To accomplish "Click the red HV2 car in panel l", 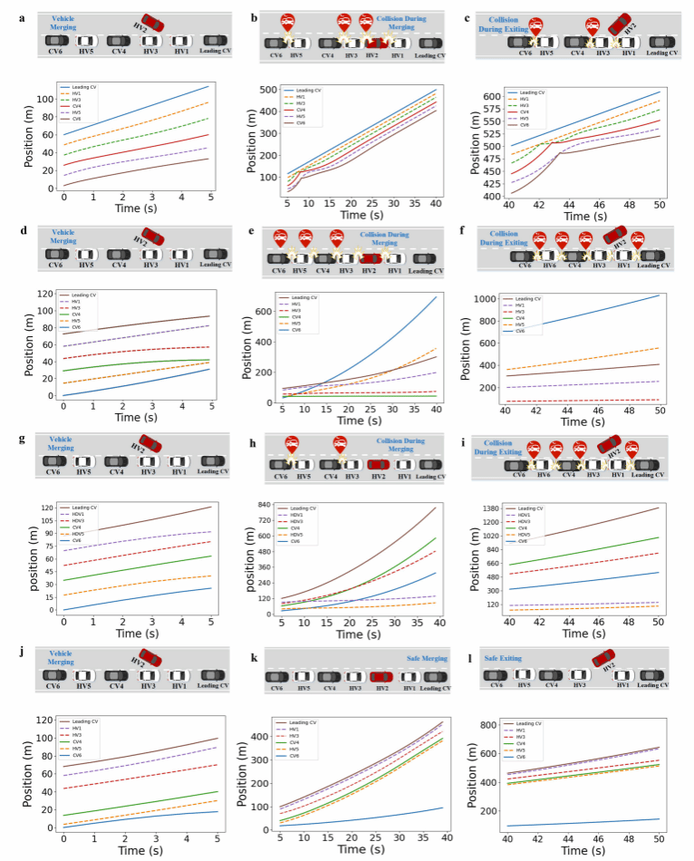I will [604, 659].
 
